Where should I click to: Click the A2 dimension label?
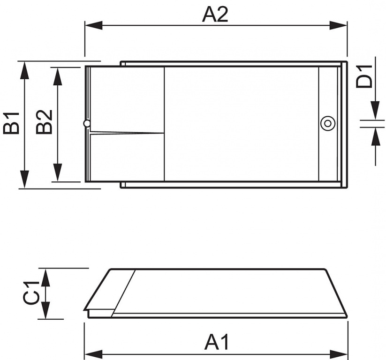click(x=215, y=15)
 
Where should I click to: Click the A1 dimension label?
click(x=216, y=342)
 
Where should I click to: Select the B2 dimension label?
click(x=44, y=121)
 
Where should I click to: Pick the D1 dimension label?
click(x=364, y=76)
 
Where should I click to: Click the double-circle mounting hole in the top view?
click(x=328, y=123)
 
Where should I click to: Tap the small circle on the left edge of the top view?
click(x=87, y=123)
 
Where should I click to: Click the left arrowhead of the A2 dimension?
click(x=93, y=25)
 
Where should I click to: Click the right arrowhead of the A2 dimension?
click(x=338, y=25)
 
